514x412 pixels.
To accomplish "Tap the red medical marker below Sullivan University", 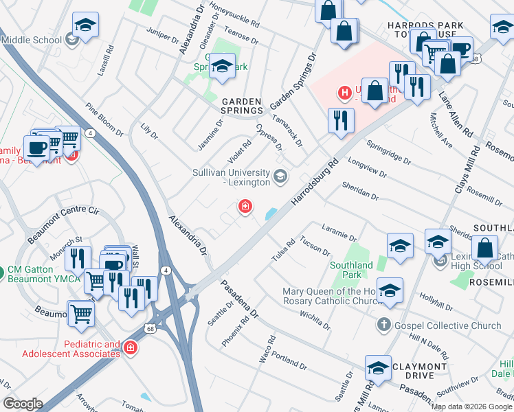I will [244, 207].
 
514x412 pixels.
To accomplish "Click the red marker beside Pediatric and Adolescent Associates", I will [130, 349].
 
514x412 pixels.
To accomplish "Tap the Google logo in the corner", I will [23, 404].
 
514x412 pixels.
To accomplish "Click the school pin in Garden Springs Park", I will [222, 67].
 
